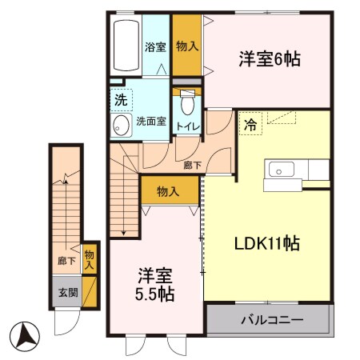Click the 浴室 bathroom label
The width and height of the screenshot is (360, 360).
tap(154, 47)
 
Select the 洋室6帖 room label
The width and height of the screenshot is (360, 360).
tap(270, 58)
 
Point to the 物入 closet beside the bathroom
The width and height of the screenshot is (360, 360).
tap(187, 47)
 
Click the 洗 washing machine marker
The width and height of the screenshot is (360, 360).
tap(120, 102)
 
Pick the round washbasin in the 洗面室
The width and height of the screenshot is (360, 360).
tap(122, 125)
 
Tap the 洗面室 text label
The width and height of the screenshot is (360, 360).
tap(150, 122)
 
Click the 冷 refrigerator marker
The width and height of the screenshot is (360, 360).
tap(250, 125)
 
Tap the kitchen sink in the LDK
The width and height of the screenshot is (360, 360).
tap(285, 169)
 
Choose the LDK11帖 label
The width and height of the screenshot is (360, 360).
tap(266, 242)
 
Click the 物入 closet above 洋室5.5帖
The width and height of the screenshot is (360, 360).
tap(169, 191)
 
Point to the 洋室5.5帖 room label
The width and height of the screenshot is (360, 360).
tap(154, 285)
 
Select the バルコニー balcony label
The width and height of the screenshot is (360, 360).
tap(270, 320)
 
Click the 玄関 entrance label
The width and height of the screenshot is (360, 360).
tap(67, 292)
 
